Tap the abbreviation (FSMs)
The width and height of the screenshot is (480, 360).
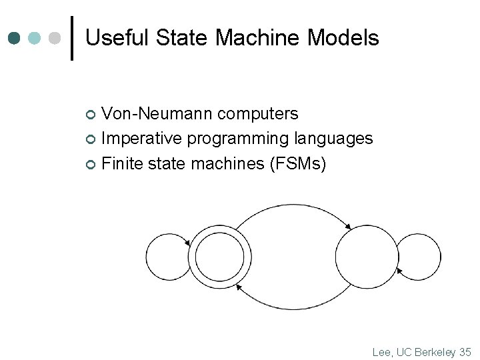tap(297, 163)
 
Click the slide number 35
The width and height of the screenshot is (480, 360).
tap(465, 351)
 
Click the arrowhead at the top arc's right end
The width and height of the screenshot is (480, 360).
tap(347, 228)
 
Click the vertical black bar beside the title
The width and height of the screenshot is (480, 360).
tap(72, 38)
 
